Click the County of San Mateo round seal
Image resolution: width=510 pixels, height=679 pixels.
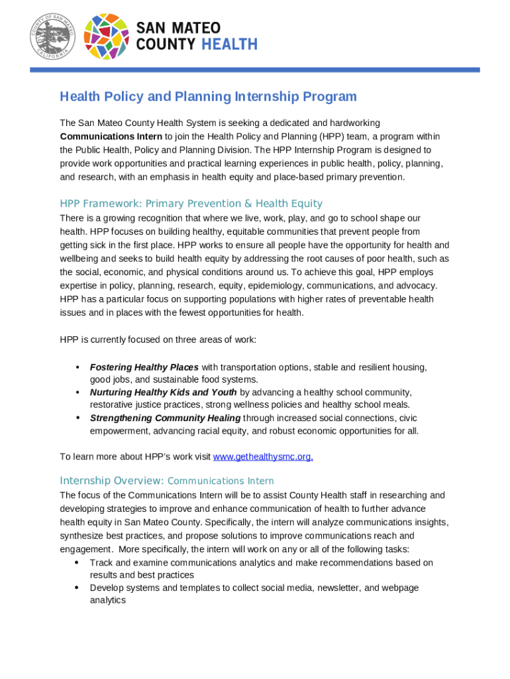click(52, 36)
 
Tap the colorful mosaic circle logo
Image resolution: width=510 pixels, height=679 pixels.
click(107, 36)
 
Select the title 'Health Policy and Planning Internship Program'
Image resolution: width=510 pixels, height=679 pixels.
click(208, 97)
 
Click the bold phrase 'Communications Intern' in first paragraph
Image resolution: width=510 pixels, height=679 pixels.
click(111, 137)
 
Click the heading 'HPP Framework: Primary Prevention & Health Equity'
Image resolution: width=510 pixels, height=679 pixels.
click(191, 204)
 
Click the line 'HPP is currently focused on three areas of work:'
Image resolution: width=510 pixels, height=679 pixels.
click(158, 339)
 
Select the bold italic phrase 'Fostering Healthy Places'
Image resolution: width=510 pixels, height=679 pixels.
click(144, 367)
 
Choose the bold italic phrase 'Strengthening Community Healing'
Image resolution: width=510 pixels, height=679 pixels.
click(165, 418)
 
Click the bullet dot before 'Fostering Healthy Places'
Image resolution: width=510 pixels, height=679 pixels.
click(77, 367)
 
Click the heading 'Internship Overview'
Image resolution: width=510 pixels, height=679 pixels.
click(111, 481)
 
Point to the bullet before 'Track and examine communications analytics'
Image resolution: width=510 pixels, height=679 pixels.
click(77, 562)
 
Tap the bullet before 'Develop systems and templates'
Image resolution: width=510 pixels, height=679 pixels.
click(77, 587)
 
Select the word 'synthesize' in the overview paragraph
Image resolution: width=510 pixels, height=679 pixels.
click(81, 536)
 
